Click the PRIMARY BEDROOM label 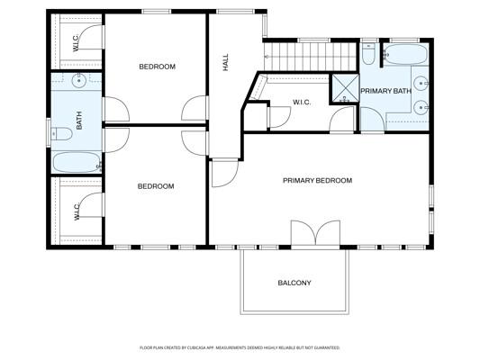(x=317, y=181)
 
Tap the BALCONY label (x=294, y=283)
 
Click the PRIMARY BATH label (x=385, y=92)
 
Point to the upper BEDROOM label (x=156, y=67)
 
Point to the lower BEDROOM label (x=155, y=186)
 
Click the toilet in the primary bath (x=369, y=56)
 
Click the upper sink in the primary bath (x=421, y=84)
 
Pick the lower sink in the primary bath (x=421, y=109)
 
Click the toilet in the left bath (x=62, y=134)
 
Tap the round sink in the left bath (x=79, y=83)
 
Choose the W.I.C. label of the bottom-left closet (x=77, y=212)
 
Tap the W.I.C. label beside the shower (x=302, y=103)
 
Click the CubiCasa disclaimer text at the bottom (x=240, y=346)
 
